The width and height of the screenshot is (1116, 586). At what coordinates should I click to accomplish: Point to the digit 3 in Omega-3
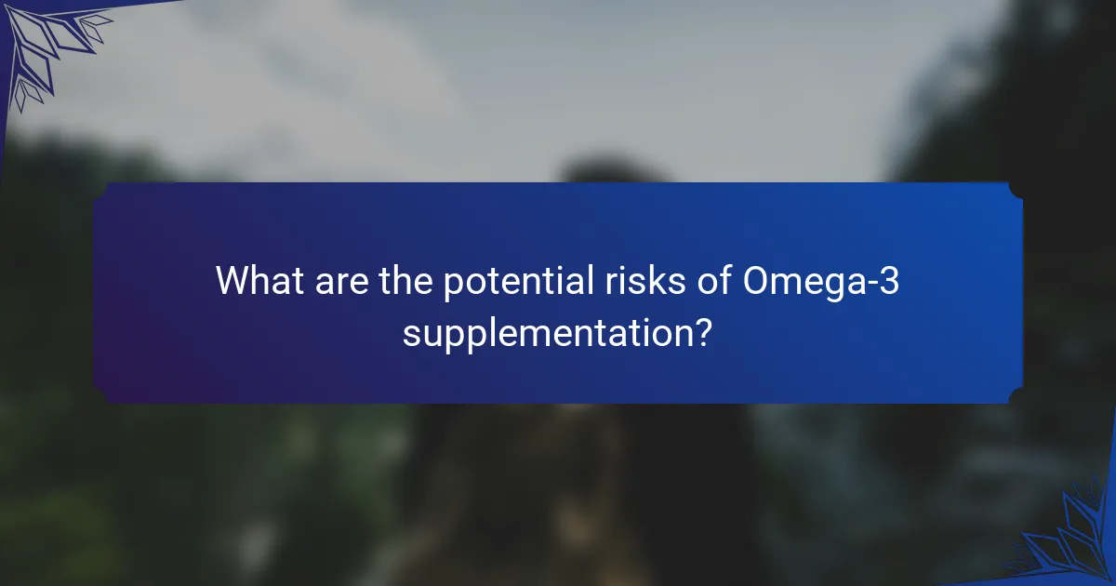[x=890, y=281]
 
